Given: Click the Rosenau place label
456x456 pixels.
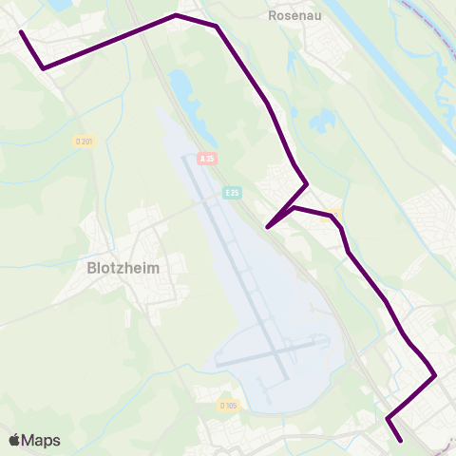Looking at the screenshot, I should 291,15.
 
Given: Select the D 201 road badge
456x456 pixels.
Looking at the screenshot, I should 83,142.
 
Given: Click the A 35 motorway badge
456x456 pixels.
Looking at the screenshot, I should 208,158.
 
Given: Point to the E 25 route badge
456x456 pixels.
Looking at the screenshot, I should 232,192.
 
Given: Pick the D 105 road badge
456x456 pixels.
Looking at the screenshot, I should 228,406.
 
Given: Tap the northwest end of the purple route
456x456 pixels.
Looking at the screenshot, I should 21,32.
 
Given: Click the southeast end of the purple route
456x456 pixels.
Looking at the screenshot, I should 402,441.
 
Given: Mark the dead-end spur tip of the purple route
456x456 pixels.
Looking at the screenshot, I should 269,227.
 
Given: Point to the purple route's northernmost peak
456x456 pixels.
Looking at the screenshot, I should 176,15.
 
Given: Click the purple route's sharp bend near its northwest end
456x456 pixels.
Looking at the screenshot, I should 44,67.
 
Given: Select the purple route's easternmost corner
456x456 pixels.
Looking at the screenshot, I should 434,374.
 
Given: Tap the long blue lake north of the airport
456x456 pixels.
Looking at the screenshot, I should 182,95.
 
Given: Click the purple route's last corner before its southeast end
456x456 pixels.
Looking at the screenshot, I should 389,418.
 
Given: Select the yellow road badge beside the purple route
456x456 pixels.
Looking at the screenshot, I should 333,213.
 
